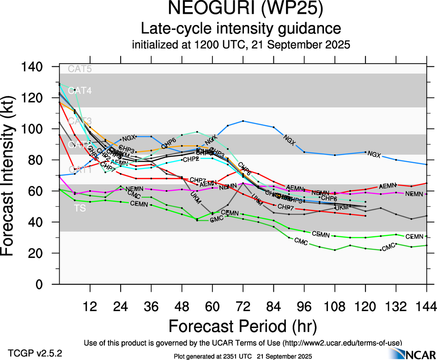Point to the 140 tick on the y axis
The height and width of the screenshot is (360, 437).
tap(32, 67)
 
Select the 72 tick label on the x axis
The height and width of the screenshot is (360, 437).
tap(243, 306)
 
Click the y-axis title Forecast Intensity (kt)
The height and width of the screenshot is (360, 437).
tap(12, 175)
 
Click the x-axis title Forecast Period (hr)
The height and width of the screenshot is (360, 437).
tap(243, 326)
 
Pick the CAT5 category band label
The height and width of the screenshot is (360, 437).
tap(80, 69)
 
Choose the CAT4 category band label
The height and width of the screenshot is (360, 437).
tap(80, 91)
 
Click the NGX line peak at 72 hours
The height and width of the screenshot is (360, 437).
tap(243, 121)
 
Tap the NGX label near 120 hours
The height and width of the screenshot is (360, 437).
tap(374, 155)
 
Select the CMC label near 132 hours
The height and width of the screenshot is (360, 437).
tap(388, 247)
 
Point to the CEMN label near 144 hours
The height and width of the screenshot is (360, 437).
tap(414, 237)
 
